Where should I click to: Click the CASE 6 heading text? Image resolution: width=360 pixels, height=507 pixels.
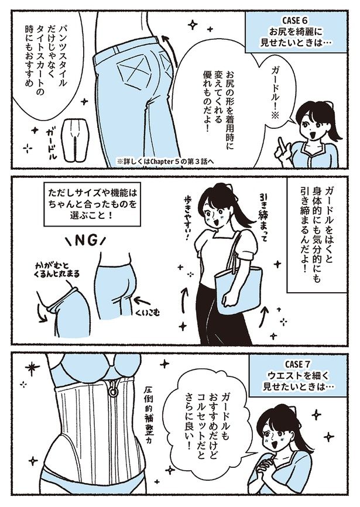296,20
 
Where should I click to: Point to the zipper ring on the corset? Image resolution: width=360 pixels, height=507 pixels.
113,392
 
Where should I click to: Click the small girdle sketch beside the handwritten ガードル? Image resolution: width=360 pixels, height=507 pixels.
75,141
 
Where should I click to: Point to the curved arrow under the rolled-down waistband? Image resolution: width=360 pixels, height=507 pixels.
42,313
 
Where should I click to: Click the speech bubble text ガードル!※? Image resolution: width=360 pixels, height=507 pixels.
270,95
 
